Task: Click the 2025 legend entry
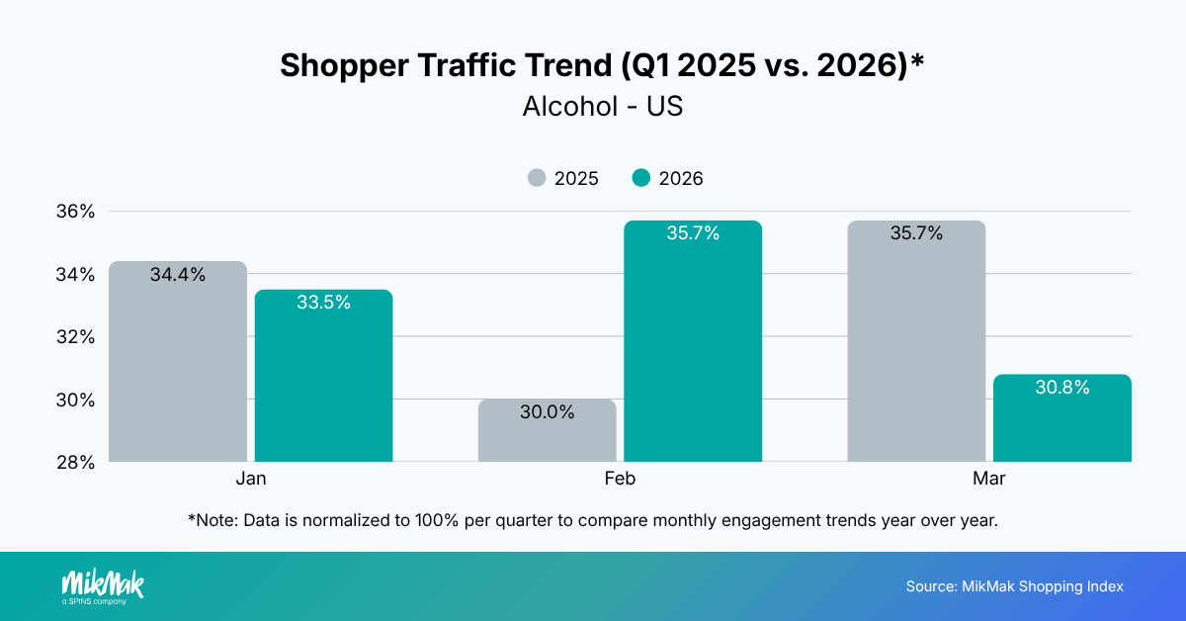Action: coord(563,179)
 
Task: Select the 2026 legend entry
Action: coord(668,179)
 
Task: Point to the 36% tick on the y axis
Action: coord(75,211)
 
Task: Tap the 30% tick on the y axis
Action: coord(75,399)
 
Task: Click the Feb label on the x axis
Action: coord(620,479)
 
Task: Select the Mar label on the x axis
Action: coord(989,479)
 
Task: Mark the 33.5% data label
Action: coord(323,303)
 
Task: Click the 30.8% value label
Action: coord(1062,388)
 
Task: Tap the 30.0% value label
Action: coord(547,412)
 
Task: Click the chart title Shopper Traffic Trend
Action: coord(602,65)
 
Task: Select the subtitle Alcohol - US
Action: coord(602,106)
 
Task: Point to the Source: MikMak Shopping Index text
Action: coord(1014,586)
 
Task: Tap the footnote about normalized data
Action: coord(592,519)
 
